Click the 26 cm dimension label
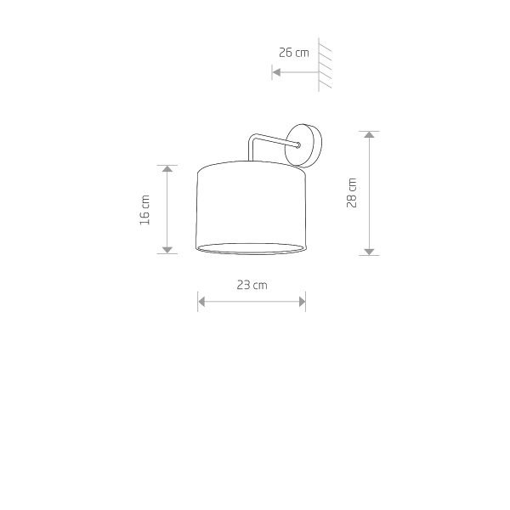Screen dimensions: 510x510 click(x=293, y=53)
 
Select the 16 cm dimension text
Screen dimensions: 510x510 click(x=145, y=210)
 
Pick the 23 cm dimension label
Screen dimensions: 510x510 click(x=252, y=286)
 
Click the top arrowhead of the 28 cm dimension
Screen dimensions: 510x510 click(x=369, y=136)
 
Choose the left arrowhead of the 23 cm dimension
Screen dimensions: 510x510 click(x=201, y=300)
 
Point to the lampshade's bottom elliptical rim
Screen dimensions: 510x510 click(x=251, y=248)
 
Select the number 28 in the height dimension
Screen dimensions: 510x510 click(x=352, y=201)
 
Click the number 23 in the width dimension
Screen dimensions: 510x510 click(x=245, y=286)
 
